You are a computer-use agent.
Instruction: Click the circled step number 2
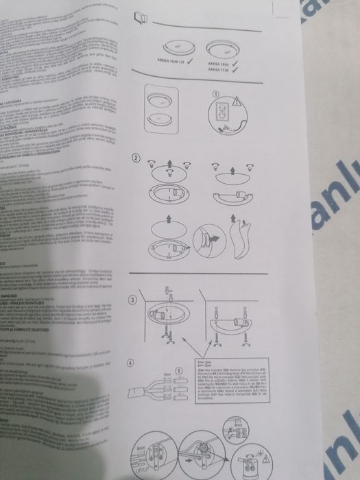pyautogui.click(x=136, y=158)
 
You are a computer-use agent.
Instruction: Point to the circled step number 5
pyautogui.click(x=180, y=371)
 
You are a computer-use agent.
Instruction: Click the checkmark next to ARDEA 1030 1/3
pyautogui.click(x=188, y=62)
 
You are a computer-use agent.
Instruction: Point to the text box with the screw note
pyautogui.click(x=222, y=382)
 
